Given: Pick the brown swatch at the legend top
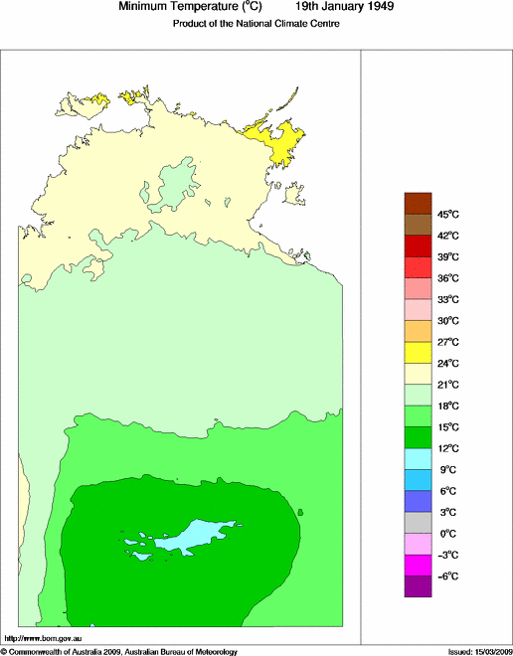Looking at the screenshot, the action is click(418, 203).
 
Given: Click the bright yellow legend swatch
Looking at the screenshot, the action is click(418, 352).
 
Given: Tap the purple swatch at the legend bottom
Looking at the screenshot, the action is click(418, 586).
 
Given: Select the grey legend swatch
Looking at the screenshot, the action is click(418, 523).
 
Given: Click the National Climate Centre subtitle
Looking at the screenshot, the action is click(256, 24).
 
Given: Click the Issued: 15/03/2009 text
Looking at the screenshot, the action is click(478, 651).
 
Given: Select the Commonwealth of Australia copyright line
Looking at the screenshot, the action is click(119, 651).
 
